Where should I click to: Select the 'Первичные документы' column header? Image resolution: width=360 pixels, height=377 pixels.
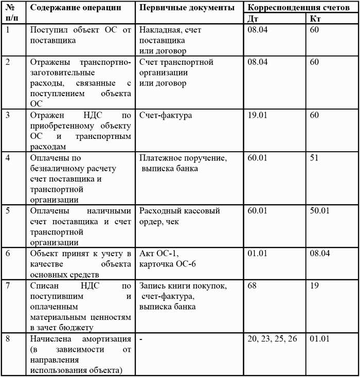pyautogui.click(x=187, y=8)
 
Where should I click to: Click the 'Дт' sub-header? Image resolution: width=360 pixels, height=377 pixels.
pyautogui.click(x=253, y=19)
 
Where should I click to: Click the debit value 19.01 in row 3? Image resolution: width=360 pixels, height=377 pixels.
pyautogui.click(x=257, y=115)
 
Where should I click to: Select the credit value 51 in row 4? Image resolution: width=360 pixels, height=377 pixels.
pyautogui.click(x=315, y=158)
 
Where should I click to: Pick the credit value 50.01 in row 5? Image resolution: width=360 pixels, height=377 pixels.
pyautogui.click(x=319, y=211)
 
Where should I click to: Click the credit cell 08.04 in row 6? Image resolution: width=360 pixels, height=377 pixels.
pyautogui.click(x=320, y=254)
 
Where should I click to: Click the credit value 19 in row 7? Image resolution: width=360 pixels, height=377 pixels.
pyautogui.click(x=315, y=285)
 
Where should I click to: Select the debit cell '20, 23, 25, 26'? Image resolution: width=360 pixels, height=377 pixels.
pyautogui.click(x=273, y=339)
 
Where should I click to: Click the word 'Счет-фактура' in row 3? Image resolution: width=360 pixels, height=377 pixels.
pyautogui.click(x=166, y=115)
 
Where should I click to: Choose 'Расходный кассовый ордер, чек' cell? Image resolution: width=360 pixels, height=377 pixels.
pyautogui.click(x=180, y=216)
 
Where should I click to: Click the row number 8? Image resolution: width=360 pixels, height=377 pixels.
pyautogui.click(x=8, y=339)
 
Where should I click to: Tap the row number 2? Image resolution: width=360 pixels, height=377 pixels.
pyautogui.click(x=8, y=62)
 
